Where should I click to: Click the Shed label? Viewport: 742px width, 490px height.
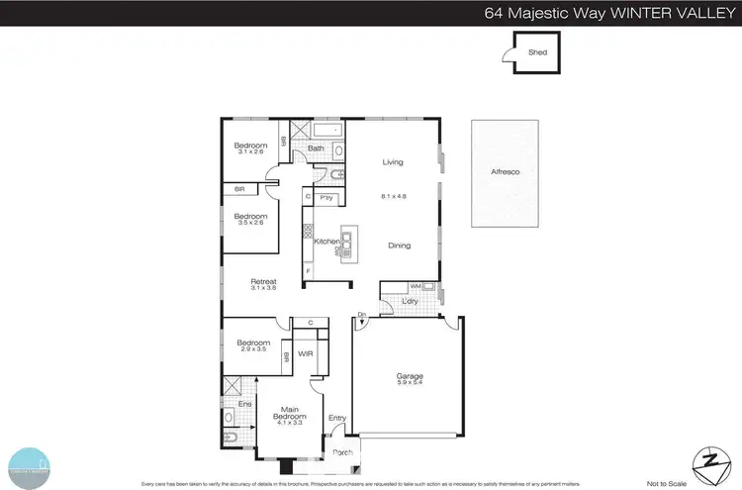[537, 53]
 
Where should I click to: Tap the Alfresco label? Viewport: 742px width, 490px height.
[506, 172]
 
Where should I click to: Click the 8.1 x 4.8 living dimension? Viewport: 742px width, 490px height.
[395, 197]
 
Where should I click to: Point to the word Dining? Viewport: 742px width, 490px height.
[399, 245]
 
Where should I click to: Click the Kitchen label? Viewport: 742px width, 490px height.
[326, 242]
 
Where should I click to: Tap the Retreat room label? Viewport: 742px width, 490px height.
[262, 281]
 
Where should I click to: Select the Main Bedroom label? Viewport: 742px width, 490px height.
[291, 413]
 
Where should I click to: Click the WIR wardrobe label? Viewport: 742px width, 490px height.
[305, 351]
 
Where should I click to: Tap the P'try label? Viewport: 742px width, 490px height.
[325, 198]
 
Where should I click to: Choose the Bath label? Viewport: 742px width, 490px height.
[315, 148]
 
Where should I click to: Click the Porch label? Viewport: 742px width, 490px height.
[342, 454]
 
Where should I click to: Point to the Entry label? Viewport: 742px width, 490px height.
[337, 418]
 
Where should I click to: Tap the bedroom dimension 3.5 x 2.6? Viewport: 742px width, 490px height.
[250, 223]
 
